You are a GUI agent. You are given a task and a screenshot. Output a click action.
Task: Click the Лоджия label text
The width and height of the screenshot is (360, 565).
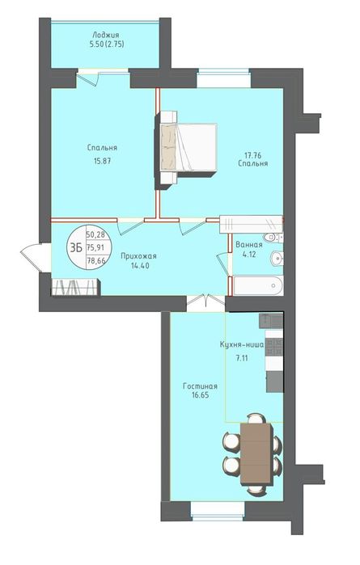[105, 35]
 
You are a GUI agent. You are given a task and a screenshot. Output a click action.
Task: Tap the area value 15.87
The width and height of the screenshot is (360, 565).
[102, 161]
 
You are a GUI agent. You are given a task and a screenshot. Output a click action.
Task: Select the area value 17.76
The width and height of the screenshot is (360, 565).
[252, 155]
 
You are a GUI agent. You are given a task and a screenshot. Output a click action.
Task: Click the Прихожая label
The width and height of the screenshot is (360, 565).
[138, 256]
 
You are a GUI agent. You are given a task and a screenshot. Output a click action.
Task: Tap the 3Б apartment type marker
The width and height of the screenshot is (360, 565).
[76, 247]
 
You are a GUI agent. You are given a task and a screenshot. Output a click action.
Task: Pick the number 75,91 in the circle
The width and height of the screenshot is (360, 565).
[95, 247]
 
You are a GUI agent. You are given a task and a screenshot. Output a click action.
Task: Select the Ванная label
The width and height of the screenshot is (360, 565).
[249, 245]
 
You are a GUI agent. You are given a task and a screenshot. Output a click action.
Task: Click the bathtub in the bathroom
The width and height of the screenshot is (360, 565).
[258, 286]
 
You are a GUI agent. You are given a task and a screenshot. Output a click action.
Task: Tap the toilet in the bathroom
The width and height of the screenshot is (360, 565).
[273, 238]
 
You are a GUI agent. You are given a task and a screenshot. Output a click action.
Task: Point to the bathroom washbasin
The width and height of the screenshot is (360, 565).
[277, 258]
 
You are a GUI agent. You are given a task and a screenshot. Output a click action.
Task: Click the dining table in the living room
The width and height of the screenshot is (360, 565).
[256, 454]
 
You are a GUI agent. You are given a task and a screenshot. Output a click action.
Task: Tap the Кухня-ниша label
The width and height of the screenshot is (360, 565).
[242, 344]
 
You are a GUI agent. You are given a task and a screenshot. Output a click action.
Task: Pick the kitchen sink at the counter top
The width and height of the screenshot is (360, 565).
[271, 321]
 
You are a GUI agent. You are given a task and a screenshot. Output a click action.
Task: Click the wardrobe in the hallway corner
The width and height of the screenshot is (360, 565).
[76, 287]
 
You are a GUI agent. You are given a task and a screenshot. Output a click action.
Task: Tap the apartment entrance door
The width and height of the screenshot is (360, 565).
[32, 257]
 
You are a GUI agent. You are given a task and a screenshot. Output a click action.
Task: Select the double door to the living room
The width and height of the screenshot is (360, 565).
[206, 301]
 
